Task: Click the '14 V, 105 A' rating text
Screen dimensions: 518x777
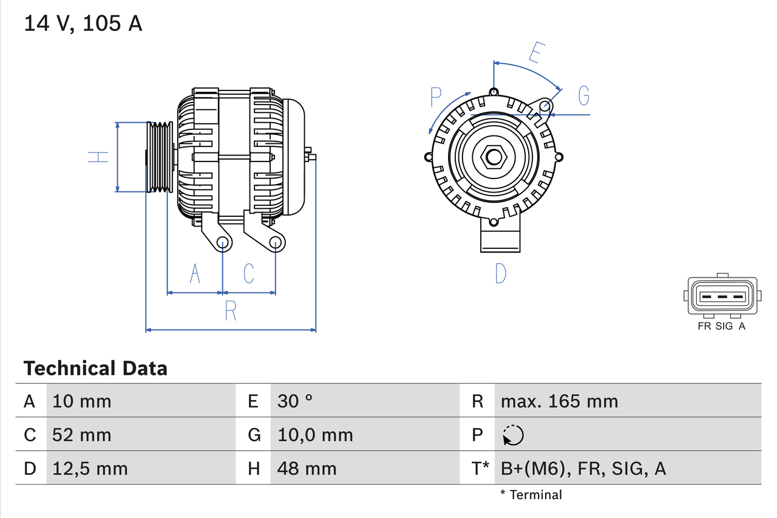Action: pyautogui.click(x=83, y=24)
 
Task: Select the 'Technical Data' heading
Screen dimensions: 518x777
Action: pyautogui.click(x=95, y=368)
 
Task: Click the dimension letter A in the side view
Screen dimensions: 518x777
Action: pyautogui.click(x=195, y=274)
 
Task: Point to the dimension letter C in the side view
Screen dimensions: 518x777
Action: pyautogui.click(x=249, y=274)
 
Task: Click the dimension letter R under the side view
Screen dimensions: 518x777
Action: pyautogui.click(x=231, y=311)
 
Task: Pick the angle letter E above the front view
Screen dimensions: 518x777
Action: pyautogui.click(x=535, y=53)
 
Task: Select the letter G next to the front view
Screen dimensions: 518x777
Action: pyautogui.click(x=584, y=96)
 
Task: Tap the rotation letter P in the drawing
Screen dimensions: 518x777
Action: pyautogui.click(x=436, y=97)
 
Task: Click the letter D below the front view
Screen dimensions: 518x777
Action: pyautogui.click(x=500, y=274)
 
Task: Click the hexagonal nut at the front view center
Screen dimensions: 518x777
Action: pyautogui.click(x=494, y=157)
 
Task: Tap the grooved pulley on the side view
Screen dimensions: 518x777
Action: pyautogui.click(x=160, y=157)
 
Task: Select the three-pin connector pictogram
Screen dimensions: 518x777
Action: pyautogui.click(x=722, y=296)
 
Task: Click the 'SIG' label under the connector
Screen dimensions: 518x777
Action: pyautogui.click(x=724, y=326)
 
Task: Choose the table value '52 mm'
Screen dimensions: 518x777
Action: pyautogui.click(x=82, y=435)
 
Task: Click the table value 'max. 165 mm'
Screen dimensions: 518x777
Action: pyautogui.click(x=559, y=401)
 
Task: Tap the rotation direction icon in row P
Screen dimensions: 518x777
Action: pyautogui.click(x=513, y=435)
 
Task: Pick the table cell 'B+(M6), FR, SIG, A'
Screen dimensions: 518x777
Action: pyautogui.click(x=583, y=468)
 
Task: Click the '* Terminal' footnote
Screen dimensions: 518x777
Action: pyautogui.click(x=531, y=494)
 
